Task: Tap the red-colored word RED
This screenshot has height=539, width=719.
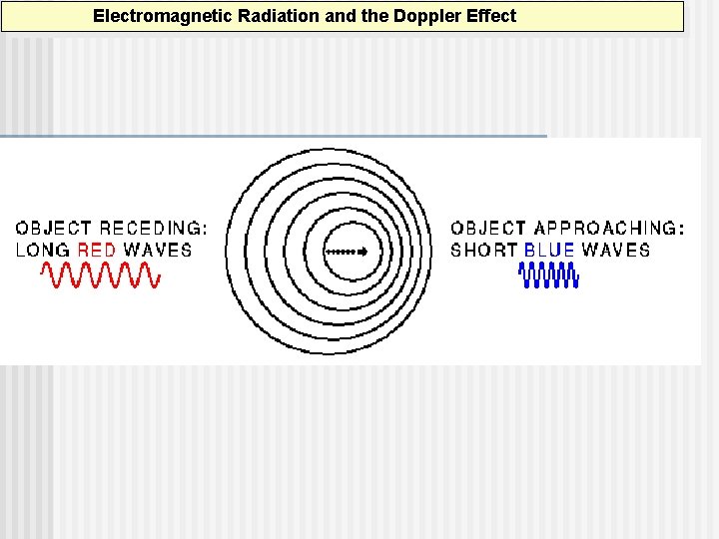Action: [97, 250]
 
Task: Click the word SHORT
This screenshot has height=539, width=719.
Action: [484, 250]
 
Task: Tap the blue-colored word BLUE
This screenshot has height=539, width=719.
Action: [549, 250]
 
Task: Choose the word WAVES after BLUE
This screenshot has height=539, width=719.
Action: [615, 250]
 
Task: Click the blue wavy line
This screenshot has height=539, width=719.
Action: [550, 275]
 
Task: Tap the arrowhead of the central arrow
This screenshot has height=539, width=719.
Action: [363, 252]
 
